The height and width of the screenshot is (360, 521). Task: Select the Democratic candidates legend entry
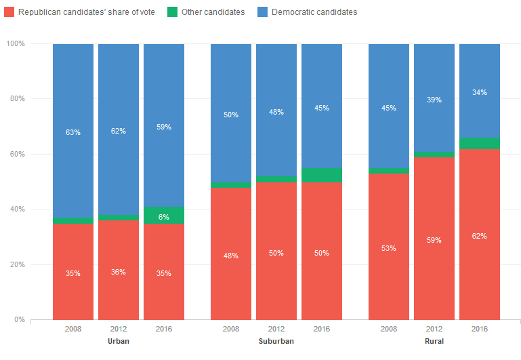(x=314, y=12)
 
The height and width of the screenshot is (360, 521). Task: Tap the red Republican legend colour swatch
(x=9, y=12)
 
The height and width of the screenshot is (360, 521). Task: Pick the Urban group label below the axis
(x=119, y=341)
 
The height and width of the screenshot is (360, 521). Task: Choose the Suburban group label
(x=276, y=341)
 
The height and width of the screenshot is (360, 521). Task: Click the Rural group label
(x=434, y=341)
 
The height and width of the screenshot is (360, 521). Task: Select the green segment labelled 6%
(x=164, y=216)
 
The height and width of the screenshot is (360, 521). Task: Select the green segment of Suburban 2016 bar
(x=322, y=176)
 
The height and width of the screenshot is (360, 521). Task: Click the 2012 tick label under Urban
(x=119, y=329)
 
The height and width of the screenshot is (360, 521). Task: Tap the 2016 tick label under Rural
(x=480, y=329)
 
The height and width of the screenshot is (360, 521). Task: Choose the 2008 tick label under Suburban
(x=231, y=329)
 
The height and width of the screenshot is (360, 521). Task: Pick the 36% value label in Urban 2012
(x=119, y=272)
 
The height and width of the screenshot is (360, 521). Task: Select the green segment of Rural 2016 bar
(x=480, y=143)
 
